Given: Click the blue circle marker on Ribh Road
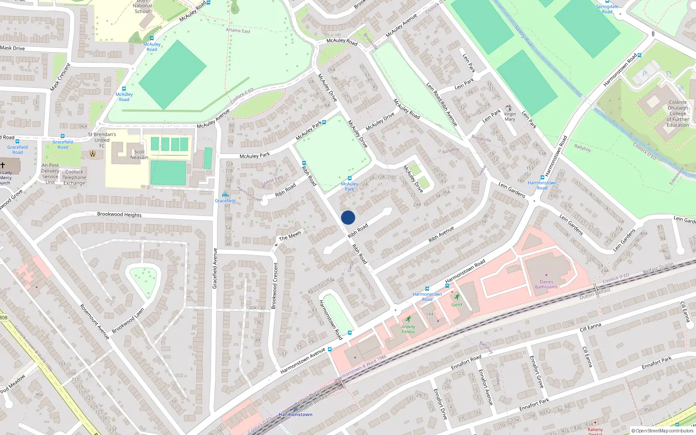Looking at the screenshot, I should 348,217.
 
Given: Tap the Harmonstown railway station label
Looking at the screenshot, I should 295,415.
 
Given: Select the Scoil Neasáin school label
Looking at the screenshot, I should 139,154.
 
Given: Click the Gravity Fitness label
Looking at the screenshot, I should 408,329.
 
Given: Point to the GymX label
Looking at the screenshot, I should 457,304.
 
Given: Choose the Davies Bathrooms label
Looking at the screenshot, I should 546,284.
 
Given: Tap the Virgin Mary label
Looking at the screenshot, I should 510,117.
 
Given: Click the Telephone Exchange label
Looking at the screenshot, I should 74,180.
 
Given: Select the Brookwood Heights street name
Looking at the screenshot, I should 119,214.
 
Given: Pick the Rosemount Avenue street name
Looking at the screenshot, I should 94,321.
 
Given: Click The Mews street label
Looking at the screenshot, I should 290,236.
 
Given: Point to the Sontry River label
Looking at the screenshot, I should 524,37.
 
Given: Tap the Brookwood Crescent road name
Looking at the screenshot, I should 274,286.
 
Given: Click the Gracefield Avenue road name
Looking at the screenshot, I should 214,268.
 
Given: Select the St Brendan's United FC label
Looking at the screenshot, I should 102,140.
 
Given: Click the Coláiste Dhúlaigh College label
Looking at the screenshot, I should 678,114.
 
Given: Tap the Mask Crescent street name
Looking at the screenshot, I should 60,77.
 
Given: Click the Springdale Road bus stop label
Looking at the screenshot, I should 607,9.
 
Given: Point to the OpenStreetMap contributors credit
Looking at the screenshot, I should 662,431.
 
